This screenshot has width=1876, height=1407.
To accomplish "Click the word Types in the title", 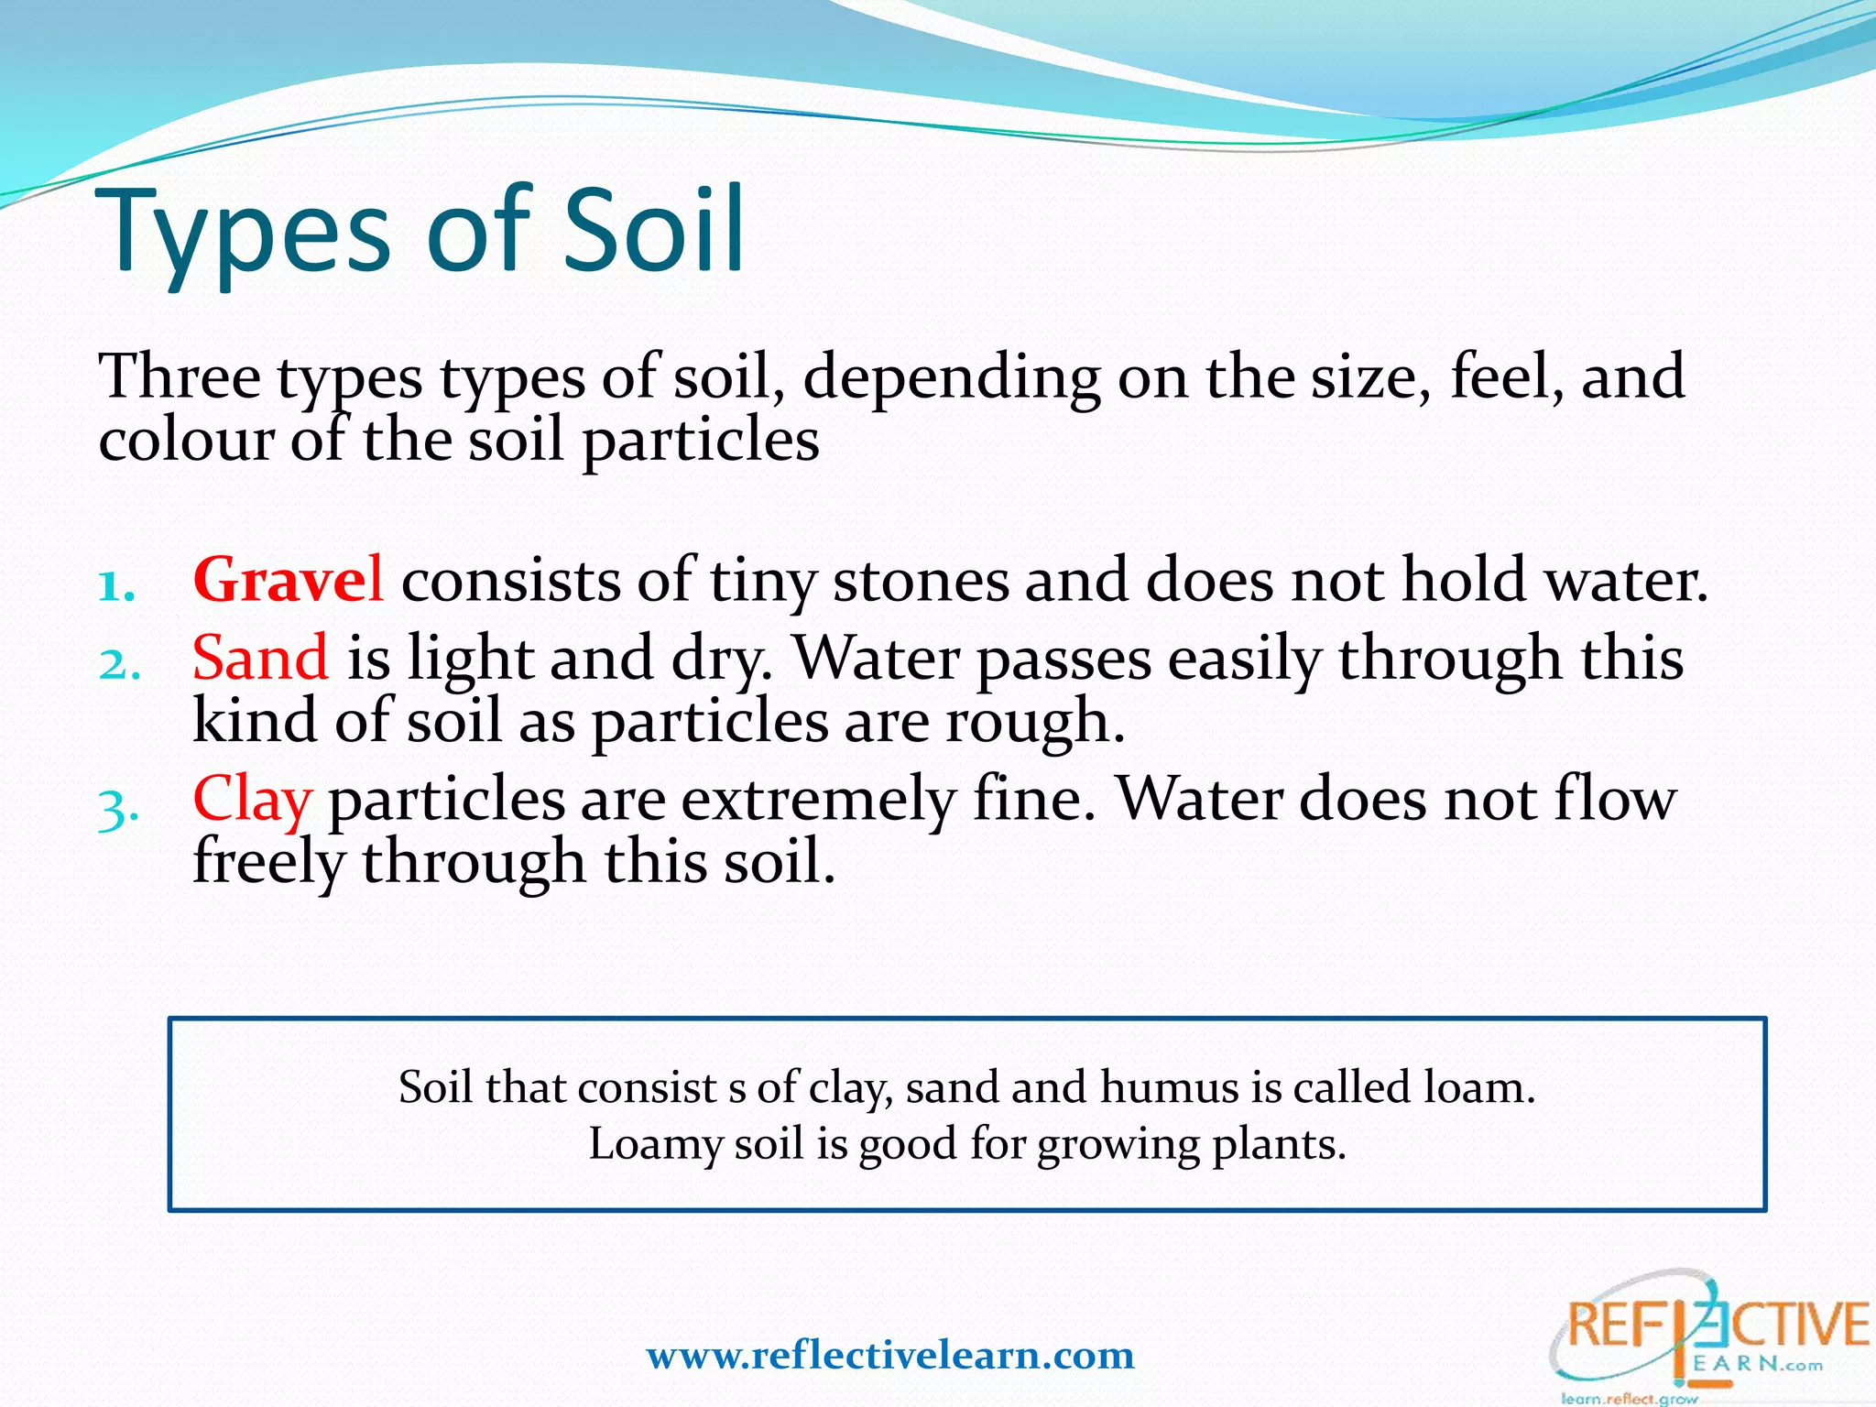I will (x=245, y=234).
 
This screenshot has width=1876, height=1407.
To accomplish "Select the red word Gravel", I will (x=288, y=580).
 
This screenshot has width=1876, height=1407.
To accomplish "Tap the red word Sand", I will (x=260, y=658).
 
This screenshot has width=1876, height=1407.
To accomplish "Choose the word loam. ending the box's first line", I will (x=1478, y=1087).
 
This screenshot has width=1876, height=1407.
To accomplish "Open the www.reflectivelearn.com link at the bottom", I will (x=889, y=1355).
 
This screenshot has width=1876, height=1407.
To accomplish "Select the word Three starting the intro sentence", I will (x=180, y=376).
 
